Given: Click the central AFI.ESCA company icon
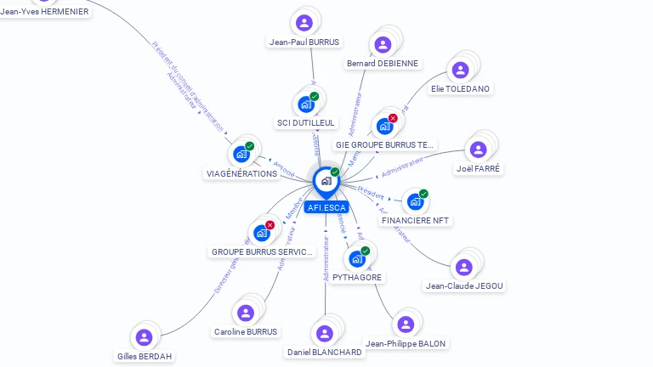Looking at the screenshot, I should (326, 181).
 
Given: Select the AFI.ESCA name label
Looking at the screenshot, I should (326, 206).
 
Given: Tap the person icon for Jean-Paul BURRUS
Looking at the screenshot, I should (304, 23).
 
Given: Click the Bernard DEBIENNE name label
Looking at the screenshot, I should (383, 63).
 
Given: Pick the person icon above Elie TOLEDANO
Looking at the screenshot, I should (460, 70).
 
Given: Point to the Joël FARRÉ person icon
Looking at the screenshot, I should (479, 150).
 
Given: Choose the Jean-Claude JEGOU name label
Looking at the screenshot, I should (465, 286).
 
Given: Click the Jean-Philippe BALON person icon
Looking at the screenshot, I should (406, 325).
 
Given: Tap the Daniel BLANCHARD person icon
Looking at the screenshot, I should (324, 333).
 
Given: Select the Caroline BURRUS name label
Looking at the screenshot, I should (246, 331).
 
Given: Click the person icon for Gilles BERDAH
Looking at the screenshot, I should (144, 337).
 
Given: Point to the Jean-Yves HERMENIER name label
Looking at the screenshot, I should (44, 12).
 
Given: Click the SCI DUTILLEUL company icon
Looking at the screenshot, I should (305, 104).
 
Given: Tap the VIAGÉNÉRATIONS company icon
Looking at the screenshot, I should (241, 155).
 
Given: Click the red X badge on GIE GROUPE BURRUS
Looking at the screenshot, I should (393, 118).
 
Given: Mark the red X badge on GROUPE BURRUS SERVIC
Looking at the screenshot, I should (270, 225).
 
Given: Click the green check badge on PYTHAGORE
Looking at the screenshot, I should (366, 251).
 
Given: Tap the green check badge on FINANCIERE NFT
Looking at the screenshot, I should (423, 194).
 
